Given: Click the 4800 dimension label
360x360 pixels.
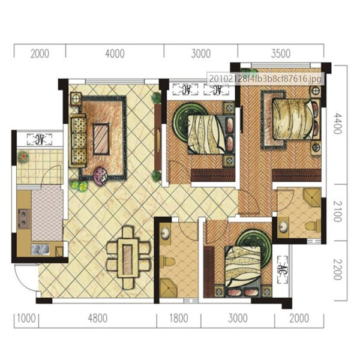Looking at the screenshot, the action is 98,318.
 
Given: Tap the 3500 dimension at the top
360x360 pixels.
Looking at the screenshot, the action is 281,53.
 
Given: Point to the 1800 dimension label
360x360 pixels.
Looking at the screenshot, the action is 179,318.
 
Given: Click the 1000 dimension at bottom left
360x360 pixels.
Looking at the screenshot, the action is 26,318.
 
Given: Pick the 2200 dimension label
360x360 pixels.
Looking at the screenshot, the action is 337,270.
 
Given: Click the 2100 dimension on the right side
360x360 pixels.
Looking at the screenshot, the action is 337,211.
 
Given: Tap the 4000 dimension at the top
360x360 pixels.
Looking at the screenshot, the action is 115,53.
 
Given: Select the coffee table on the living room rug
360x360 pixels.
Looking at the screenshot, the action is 101,139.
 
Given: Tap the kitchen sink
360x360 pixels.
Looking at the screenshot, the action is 40,250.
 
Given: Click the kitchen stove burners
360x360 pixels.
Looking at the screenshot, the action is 23,218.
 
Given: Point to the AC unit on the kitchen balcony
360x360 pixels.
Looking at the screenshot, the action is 40,139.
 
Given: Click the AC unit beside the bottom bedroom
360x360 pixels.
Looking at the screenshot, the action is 283,270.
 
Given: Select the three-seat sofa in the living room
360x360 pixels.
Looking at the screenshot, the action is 78,140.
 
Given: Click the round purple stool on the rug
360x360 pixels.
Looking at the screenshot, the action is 101,175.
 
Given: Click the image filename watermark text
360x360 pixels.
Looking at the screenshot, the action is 265,79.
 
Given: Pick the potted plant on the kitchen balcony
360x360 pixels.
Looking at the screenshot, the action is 23,157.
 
